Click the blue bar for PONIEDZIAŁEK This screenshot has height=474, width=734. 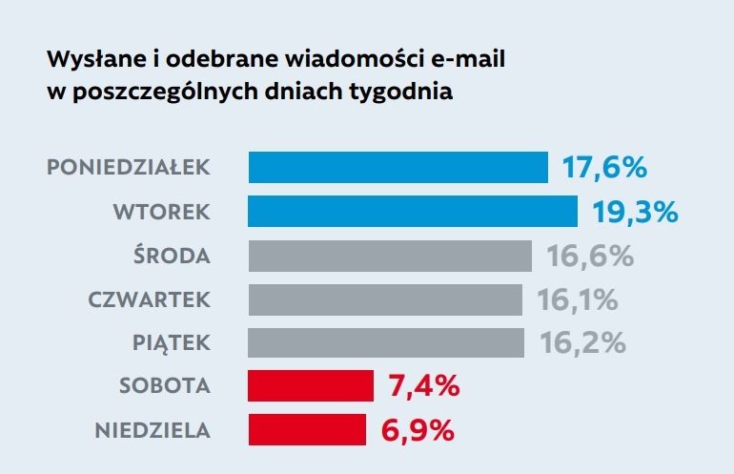pyautogui.click(x=398, y=167)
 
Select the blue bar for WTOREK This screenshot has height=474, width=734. pyautogui.click(x=413, y=211)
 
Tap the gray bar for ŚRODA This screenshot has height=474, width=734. pyautogui.click(x=390, y=256)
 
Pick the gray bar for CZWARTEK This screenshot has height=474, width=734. pyautogui.click(x=385, y=299)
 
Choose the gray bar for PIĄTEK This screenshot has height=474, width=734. pyautogui.click(x=386, y=342)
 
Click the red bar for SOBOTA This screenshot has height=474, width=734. pyautogui.click(x=311, y=386)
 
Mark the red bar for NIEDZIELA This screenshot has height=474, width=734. pyautogui.click(x=307, y=430)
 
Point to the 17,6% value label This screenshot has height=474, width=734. pyautogui.click(x=603, y=168)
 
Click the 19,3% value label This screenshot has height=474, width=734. pyautogui.click(x=635, y=212)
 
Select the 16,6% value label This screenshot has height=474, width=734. pyautogui.click(x=590, y=256)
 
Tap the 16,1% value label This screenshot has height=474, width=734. pyautogui.click(x=578, y=299)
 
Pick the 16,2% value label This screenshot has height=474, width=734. pyautogui.click(x=582, y=343)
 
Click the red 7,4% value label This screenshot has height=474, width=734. pyautogui.click(x=424, y=386)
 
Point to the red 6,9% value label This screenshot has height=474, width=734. pyautogui.click(x=418, y=430)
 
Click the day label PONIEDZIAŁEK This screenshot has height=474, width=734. pyautogui.click(x=128, y=168)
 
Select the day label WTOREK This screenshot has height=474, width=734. pyautogui.click(x=161, y=212)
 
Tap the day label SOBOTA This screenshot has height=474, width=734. pyautogui.click(x=164, y=386)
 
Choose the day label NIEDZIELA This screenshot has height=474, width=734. pyautogui.click(x=153, y=430)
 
